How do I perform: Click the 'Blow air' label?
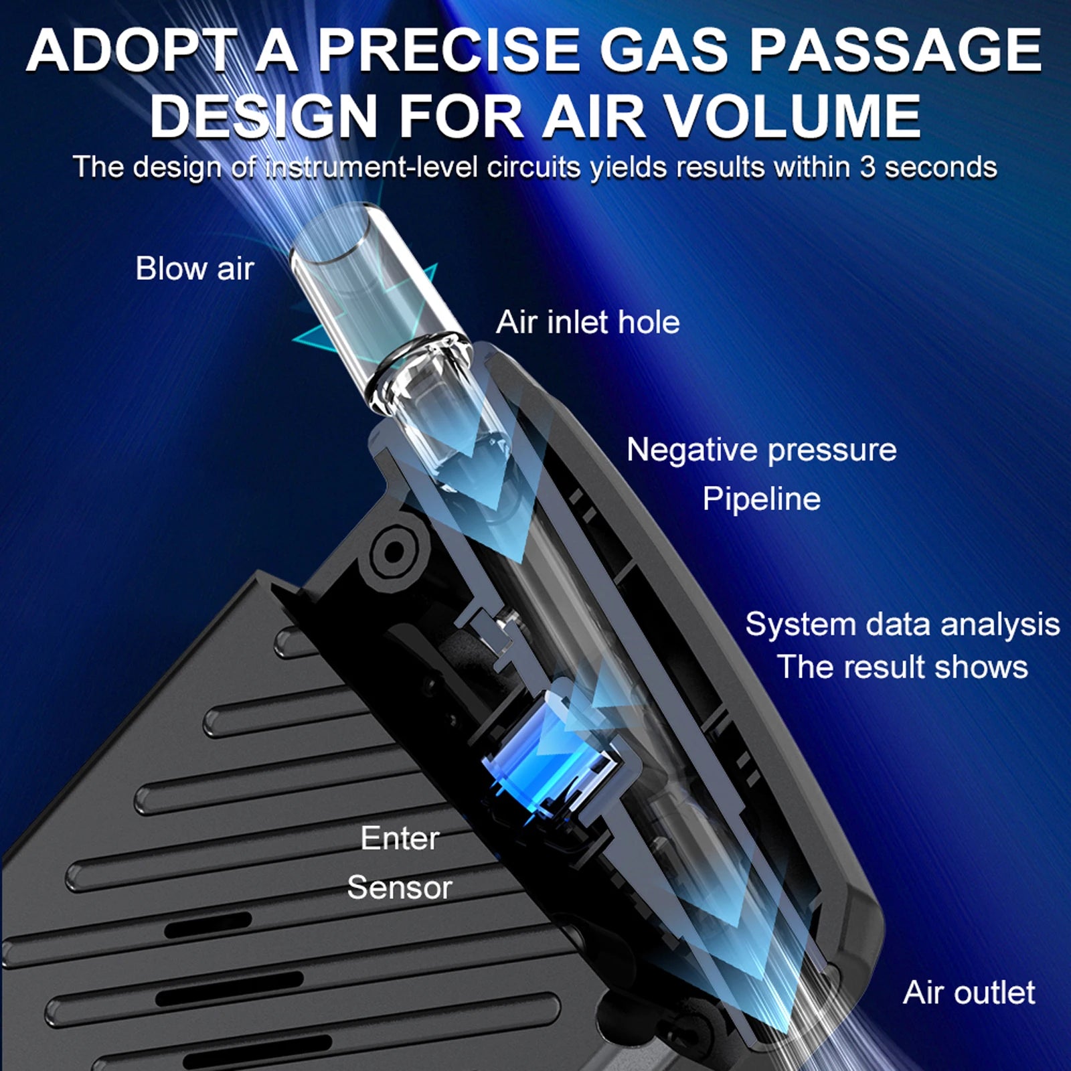194,268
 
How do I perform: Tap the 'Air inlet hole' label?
588,322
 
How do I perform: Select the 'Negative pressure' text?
761,449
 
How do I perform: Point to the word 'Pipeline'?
761,499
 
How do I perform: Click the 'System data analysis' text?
902,624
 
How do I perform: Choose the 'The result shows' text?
902,667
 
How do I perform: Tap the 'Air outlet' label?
969,992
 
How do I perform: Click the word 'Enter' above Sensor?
400,838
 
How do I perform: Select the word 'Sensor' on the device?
400,888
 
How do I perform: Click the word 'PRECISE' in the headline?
448,51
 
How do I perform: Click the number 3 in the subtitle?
868,167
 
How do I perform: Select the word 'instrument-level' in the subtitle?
372,167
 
